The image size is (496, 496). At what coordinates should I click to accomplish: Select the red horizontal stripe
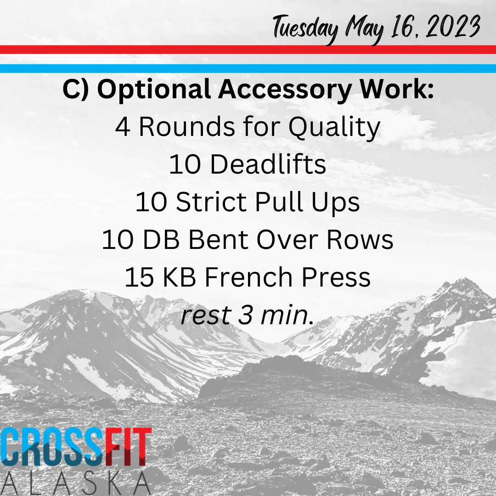[x=248, y=50]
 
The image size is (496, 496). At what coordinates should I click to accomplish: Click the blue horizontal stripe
[x=248, y=68]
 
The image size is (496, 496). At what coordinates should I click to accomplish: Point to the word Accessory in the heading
[x=285, y=90]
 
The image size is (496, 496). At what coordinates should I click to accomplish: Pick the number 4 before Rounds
[x=123, y=127]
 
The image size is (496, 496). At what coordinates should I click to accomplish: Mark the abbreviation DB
[x=161, y=239]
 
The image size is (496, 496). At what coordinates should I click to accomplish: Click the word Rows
[x=360, y=239]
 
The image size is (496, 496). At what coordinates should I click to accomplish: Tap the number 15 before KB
[x=139, y=277]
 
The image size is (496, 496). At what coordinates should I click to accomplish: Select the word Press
[x=336, y=277]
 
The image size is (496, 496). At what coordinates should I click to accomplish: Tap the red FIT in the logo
[x=128, y=447]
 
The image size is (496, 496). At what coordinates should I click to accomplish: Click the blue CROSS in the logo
[x=52, y=447]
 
